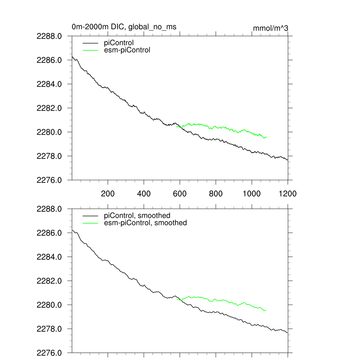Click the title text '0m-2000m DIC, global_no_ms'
pos(124,27)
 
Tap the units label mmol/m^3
pos(271,28)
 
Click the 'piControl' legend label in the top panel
pos(119,43)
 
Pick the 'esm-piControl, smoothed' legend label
pos(146,223)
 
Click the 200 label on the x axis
pos(108,193)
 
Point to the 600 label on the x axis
pos(180,193)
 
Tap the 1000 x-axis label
pos(252,193)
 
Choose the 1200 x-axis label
pos(288,193)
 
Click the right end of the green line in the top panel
pos(266,137)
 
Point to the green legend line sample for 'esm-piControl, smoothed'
pos(90,223)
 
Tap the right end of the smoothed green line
pos(266,310)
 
